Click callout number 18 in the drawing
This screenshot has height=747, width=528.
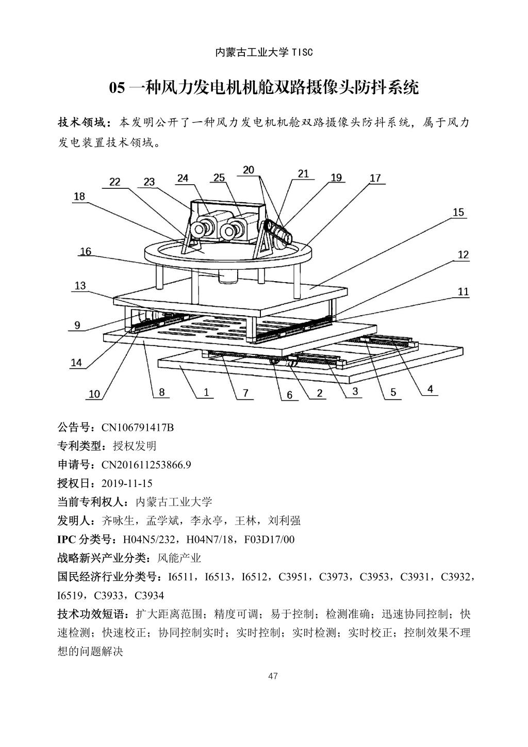[79, 197]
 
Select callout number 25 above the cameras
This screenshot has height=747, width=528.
[219, 178]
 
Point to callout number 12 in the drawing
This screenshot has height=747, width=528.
[463, 254]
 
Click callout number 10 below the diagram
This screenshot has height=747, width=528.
[94, 394]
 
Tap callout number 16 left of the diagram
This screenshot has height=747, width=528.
[86, 251]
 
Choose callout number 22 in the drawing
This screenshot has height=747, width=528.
[114, 182]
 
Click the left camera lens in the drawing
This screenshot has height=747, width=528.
[198, 230]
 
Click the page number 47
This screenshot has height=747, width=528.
[273, 676]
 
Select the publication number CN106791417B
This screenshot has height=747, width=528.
[137, 428]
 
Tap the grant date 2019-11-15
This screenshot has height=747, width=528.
[127, 483]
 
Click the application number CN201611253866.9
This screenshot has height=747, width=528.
[146, 465]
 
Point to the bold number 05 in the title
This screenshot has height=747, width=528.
[117, 88]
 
